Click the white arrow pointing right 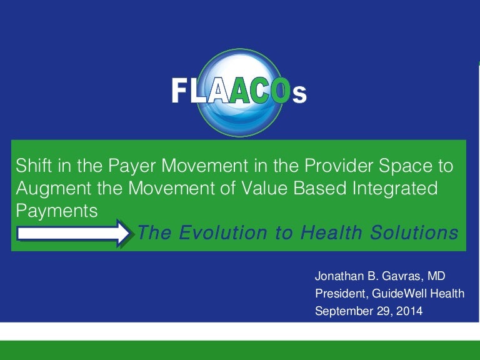click(73, 233)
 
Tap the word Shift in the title click(34, 165)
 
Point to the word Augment click(54, 189)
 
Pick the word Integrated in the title click(395, 189)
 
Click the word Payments click(57, 211)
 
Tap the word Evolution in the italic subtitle click(223, 232)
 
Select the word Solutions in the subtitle click(414, 232)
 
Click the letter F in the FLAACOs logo click(179, 90)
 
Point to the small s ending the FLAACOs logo click(299, 94)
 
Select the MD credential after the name click(436, 276)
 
